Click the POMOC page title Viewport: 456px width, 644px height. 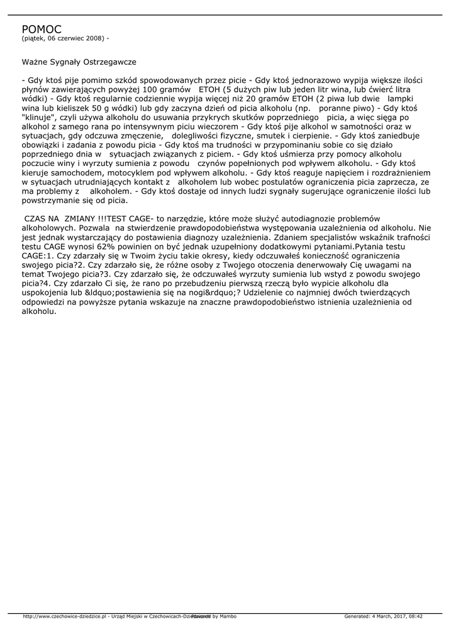[x=42, y=29]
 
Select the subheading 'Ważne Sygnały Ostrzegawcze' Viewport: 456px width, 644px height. [x=79, y=62]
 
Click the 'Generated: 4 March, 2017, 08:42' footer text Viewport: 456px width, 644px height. [x=383, y=616]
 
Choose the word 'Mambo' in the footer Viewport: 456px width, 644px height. [x=228, y=616]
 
